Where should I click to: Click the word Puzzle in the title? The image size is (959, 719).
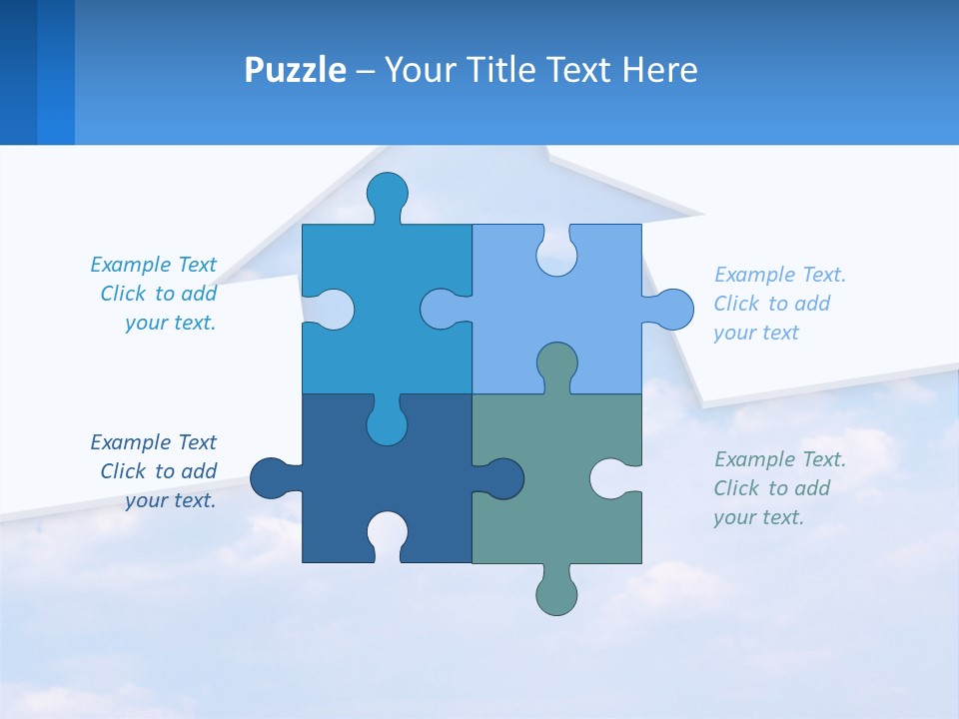click(295, 70)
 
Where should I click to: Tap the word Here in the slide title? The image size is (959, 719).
click(659, 70)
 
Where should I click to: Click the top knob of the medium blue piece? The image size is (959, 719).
click(387, 194)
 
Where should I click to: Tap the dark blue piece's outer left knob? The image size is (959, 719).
click(270, 478)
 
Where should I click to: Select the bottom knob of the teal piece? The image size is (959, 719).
click(556, 593)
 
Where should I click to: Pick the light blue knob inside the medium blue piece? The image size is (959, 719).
click(441, 309)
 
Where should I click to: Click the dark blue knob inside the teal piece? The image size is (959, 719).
click(502, 478)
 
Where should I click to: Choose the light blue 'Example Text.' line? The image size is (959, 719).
click(780, 275)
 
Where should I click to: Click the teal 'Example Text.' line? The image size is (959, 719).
click(780, 459)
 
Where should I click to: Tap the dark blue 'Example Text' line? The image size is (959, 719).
click(153, 442)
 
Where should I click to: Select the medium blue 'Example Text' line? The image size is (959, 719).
click(153, 265)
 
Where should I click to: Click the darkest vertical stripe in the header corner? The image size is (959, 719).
click(18, 72)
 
